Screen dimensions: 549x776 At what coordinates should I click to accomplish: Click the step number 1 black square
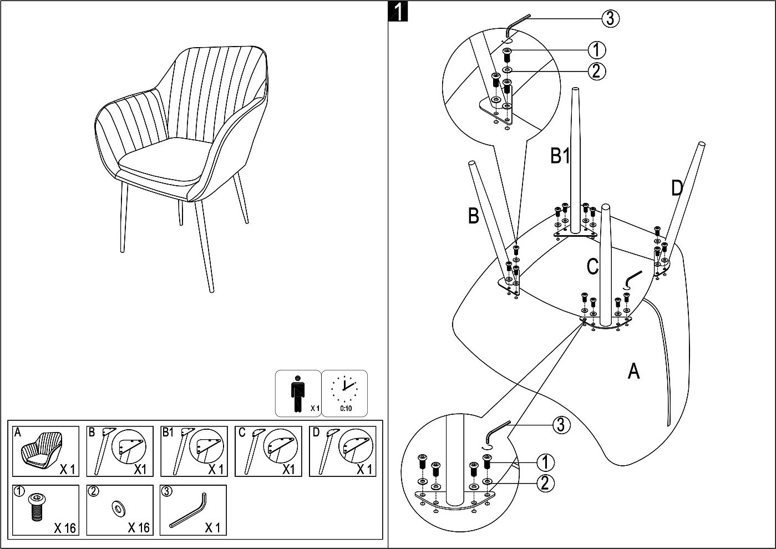pos(398,12)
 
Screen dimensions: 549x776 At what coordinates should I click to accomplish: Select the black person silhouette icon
pos(298,393)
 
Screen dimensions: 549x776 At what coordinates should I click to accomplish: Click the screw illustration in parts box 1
pos(37,508)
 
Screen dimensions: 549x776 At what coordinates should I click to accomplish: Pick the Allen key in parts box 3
pos(189,511)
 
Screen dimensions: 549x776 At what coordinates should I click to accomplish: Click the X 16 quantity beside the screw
pos(65,527)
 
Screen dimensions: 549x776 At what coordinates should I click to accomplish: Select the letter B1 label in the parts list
pos(168,433)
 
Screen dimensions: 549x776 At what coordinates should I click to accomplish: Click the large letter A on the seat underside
pos(633,370)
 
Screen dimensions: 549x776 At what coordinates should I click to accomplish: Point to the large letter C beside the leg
pos(592,267)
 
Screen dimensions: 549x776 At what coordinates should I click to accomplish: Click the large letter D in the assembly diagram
pos(677,189)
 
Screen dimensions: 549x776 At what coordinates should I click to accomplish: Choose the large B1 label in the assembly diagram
pos(560,156)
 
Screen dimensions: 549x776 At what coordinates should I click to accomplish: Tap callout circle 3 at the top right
pos(610,18)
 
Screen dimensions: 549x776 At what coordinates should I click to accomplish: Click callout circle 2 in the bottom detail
pos(544,483)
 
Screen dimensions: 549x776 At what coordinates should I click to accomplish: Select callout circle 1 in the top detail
pos(596,50)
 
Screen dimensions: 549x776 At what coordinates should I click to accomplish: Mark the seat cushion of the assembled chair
pos(160,161)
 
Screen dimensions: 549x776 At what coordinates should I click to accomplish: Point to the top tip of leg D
pos(702,145)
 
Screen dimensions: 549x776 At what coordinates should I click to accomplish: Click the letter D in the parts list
pos(316,433)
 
